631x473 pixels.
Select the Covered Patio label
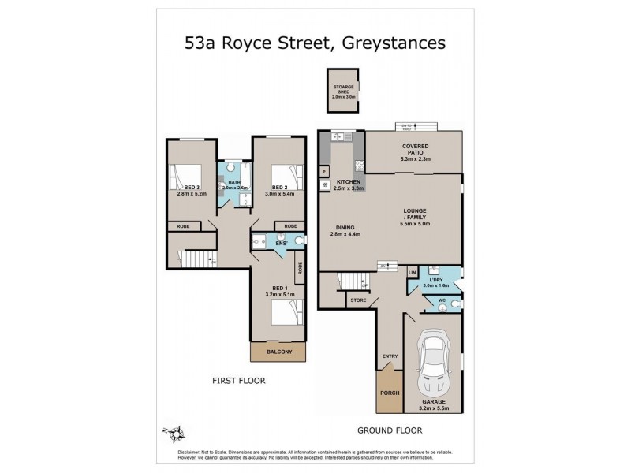[x=415, y=151]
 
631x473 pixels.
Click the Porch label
[x=390, y=392]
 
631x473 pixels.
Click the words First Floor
[x=238, y=380]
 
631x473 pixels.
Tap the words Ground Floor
[x=390, y=430]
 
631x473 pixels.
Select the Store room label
[x=359, y=300]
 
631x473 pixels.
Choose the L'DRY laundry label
[x=438, y=278]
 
